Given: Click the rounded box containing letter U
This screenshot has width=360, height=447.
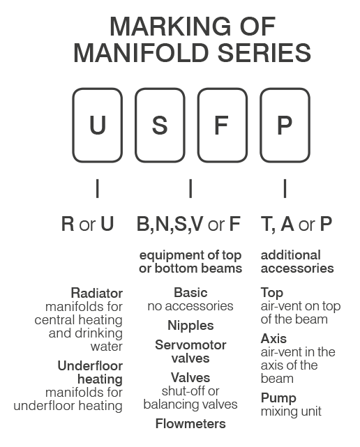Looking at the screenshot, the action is (73, 125).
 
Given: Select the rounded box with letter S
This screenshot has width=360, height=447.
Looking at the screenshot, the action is (135, 125).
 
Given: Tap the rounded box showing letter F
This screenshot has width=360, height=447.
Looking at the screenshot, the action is (198, 125).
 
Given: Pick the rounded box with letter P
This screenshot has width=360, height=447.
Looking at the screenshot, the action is (260, 125).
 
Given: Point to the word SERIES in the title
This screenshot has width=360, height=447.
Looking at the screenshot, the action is (264, 53).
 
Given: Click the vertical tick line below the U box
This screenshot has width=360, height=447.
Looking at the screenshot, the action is (98, 188).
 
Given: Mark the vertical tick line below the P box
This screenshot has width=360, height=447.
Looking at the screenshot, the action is (285, 188).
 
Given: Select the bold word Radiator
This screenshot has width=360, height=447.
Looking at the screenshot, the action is (97, 293).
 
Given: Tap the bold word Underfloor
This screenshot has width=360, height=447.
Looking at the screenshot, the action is (90, 365).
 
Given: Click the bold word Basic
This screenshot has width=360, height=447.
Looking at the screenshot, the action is (190, 292).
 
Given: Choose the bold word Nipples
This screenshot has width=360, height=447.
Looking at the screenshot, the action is (190, 326).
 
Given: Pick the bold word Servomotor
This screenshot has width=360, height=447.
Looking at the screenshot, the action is (190, 345).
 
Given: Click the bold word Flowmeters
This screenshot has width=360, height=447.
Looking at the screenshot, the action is (190, 423).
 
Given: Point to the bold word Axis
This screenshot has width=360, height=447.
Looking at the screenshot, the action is (273, 339).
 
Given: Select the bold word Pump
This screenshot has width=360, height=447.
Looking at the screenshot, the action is (278, 398).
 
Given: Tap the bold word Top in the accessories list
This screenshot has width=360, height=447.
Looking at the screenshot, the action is (272, 293).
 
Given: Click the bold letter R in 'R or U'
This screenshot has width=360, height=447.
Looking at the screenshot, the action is (68, 224).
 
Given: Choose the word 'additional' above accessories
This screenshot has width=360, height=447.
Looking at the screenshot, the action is (291, 255).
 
